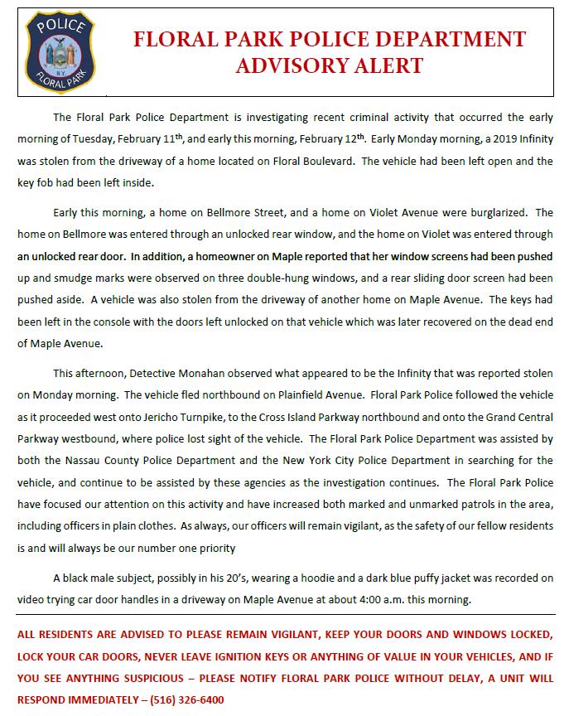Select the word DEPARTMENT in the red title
[x=451, y=39]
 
